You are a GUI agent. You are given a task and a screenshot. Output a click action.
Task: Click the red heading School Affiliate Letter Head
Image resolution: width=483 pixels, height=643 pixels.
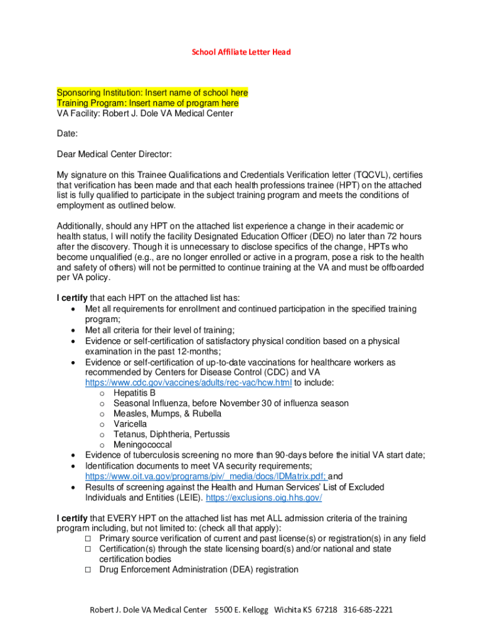click(x=241, y=52)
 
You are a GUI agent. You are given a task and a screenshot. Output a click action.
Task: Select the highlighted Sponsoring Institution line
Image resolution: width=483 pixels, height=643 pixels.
click(x=152, y=93)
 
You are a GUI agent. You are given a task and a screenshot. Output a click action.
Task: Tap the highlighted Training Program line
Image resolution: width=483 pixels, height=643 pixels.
click(x=147, y=103)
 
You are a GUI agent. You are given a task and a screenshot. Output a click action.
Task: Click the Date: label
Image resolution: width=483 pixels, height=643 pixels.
click(x=67, y=134)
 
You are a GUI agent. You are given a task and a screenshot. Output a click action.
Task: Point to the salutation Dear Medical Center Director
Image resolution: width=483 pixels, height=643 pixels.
click(x=114, y=154)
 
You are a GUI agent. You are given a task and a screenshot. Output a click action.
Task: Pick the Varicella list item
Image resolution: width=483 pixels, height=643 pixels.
click(x=130, y=424)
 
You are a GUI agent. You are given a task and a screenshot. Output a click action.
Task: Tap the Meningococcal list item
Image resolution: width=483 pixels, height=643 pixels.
click(x=142, y=445)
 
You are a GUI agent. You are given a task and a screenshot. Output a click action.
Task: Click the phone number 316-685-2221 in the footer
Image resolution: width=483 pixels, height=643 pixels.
click(x=368, y=610)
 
